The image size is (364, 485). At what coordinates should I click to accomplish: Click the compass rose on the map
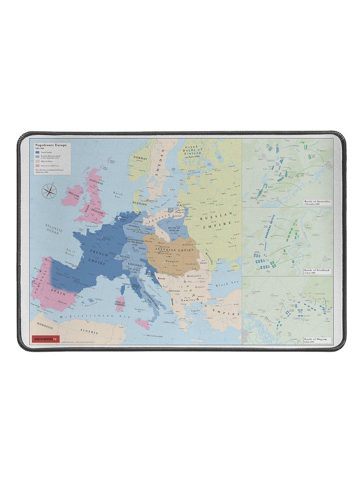tap(50, 191)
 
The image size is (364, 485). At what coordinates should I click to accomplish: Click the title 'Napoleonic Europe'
tap(49, 144)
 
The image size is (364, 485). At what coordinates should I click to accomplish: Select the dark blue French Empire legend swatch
tap(37, 152)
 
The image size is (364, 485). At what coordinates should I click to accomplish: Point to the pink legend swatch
tap(37, 165)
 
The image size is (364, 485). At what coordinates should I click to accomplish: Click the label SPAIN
tap(57, 293)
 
